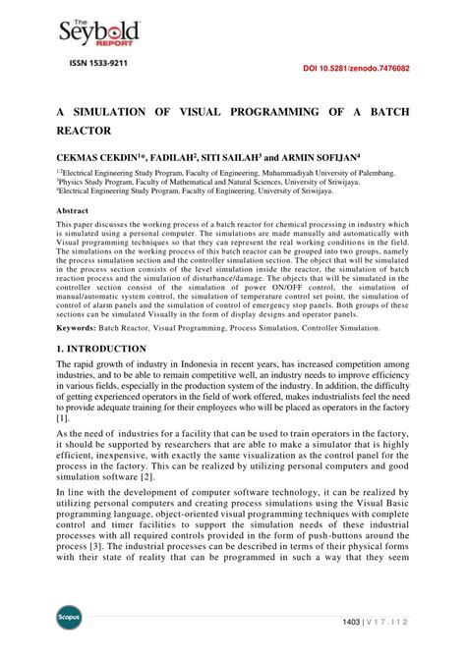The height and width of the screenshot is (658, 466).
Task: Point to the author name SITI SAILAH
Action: pyautogui.click(x=229, y=155)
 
